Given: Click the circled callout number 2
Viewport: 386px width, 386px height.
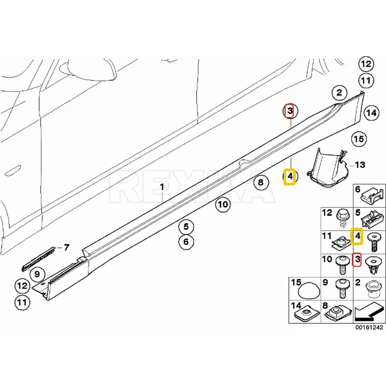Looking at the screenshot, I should point(339,93).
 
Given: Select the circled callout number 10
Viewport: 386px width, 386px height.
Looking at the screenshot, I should point(223,204).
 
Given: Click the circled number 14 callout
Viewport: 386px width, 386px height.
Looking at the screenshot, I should point(371,113).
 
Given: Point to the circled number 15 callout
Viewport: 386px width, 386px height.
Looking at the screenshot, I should point(359,139).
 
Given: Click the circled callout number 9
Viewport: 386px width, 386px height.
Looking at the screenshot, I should point(37,274).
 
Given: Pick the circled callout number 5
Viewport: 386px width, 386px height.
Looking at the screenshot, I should point(186,226).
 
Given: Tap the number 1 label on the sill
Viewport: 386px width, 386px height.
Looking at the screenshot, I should point(162,187).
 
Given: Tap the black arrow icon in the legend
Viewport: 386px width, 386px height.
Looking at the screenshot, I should point(369,312).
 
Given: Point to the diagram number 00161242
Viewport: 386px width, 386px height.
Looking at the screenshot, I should point(369,327).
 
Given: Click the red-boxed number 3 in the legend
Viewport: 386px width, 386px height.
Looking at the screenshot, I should point(357,260).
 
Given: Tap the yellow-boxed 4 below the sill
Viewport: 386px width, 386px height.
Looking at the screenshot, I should point(289,177).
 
